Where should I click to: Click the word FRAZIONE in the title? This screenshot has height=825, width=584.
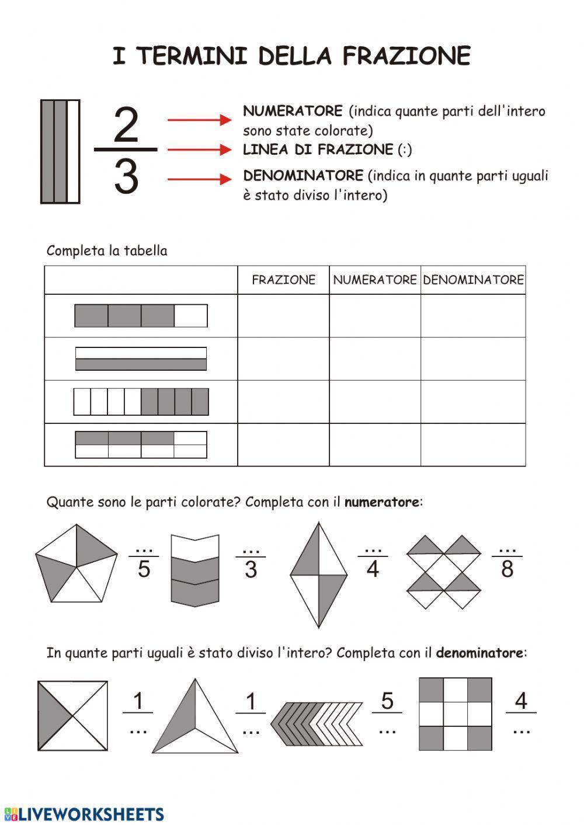coord(406,57)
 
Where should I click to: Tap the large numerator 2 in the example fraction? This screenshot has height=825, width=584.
coord(126,125)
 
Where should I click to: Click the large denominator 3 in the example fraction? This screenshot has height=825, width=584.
coord(126,176)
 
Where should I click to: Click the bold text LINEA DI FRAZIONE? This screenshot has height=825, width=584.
coord(318,150)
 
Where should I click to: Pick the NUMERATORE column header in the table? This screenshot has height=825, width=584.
coord(374,280)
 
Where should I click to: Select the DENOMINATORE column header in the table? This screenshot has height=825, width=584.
coord(473,280)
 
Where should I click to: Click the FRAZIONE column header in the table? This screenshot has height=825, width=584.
coord(283,280)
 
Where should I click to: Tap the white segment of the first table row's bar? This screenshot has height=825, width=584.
coord(190,316)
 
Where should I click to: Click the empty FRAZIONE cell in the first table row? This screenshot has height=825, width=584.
coord(283,316)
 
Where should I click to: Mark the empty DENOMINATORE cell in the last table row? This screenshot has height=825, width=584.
coord(473,445)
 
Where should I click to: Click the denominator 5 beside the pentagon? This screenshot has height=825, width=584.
coord(144,569)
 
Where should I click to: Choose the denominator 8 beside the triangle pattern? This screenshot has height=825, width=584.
coord(507,569)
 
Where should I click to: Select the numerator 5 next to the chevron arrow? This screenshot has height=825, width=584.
coord(387,701)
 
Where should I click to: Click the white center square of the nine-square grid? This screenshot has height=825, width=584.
coord(456,714)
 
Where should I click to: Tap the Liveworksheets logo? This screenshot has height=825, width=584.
coord(84,814)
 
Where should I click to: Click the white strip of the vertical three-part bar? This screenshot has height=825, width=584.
coord(73,152)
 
